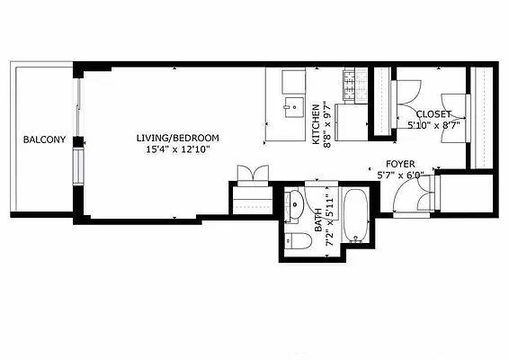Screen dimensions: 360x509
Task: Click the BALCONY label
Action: tap(42, 139)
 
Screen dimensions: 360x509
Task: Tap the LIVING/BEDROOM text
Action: tap(177, 138)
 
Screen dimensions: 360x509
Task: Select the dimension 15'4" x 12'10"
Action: tap(177, 149)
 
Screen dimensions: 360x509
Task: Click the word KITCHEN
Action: tap(316, 125)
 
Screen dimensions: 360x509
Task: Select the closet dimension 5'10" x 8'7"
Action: tap(435, 126)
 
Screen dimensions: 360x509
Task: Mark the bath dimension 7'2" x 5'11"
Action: tap(330, 220)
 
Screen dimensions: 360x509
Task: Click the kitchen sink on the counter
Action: tap(291, 108)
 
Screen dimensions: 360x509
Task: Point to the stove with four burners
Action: tap(348, 84)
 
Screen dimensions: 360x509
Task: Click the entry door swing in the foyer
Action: tap(418, 191)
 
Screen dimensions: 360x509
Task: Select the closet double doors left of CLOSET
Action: tap(407, 94)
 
